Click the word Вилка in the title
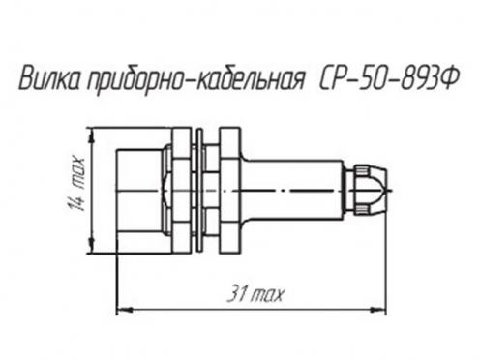click(51, 78)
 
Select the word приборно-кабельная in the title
click(195, 80)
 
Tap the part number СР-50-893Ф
click(388, 78)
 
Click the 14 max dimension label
click(76, 183)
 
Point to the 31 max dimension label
click(255, 294)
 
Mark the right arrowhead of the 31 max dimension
click(378, 310)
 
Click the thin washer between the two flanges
click(200, 191)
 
